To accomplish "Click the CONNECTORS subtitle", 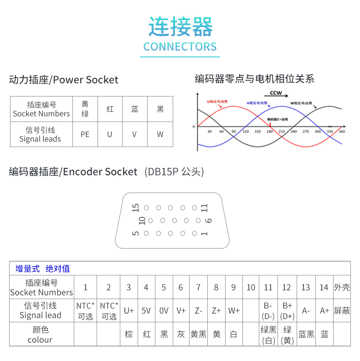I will click(180, 47).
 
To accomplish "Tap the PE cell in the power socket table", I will click(85, 134).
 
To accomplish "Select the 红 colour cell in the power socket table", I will click(110, 109).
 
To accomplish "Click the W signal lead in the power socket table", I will click(160, 134).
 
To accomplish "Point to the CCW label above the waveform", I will click(276, 93).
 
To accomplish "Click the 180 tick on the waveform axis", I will click(269, 132).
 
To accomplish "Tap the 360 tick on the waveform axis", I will click(342, 132).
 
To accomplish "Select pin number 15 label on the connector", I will click(135, 208).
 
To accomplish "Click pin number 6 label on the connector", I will click(208, 220).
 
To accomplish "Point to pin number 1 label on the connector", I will click(205, 234).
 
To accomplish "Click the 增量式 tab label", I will click(27, 269).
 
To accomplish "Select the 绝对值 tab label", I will click(58, 269).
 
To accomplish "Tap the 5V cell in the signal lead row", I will click(146, 311).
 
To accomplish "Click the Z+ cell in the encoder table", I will click(216, 311).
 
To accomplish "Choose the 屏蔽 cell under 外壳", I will click(342, 311).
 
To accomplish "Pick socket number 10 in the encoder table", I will click(251, 287).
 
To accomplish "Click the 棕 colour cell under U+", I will click(129, 335).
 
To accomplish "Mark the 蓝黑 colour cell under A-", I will click(306, 335).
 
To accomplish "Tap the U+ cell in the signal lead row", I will click(129, 311).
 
